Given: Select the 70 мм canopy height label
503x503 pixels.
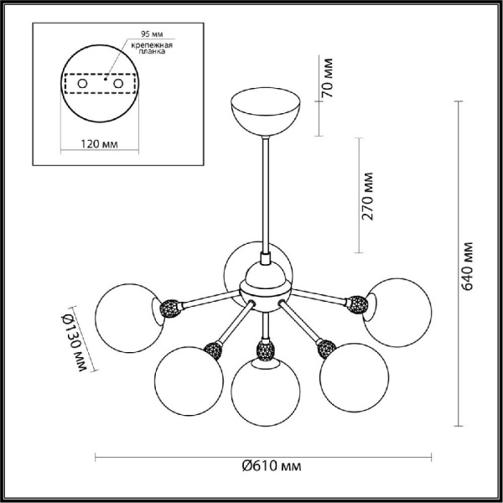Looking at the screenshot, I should pos(329,78).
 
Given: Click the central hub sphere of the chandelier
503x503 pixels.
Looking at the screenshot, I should pos(264,286).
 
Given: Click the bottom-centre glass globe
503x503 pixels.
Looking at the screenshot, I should pos(264,392).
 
